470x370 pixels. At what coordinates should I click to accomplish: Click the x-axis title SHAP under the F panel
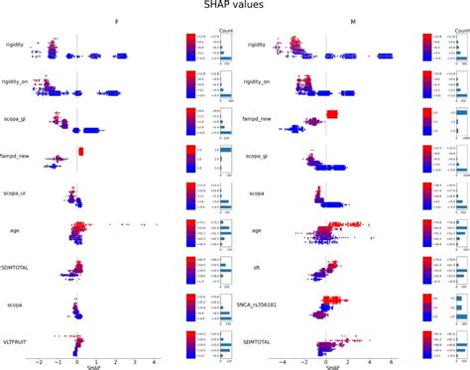93,367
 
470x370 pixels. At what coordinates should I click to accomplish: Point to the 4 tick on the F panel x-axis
154,361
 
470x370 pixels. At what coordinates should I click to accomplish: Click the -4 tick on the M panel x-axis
283,361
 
